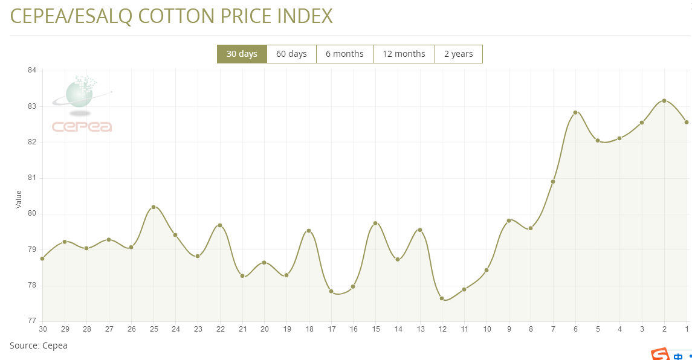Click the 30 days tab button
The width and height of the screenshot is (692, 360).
coord(242,54)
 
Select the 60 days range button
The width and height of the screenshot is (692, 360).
coord(291,54)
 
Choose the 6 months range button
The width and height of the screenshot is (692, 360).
coord(344,54)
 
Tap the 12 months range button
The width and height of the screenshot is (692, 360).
coord(404,54)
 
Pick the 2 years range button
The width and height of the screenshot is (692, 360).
coord(458,54)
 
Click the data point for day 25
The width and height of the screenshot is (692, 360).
coord(154,207)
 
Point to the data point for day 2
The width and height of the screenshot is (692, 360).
coord(664,101)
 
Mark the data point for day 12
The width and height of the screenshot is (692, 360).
coord(442,298)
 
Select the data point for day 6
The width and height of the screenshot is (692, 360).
coord(575,112)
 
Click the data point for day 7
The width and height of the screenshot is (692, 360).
coord(553,182)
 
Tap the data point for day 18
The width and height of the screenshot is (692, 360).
coord(309,231)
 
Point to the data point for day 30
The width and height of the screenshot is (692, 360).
coord(42,259)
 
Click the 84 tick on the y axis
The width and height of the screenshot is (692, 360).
coord(32,71)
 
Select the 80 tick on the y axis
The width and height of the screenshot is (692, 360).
coord(32,214)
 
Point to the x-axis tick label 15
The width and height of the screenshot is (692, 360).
coord(375,329)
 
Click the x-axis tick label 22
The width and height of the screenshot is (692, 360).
coord(220,329)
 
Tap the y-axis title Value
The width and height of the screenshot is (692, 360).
coord(19,200)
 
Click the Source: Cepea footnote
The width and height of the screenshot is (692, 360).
coord(39,346)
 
